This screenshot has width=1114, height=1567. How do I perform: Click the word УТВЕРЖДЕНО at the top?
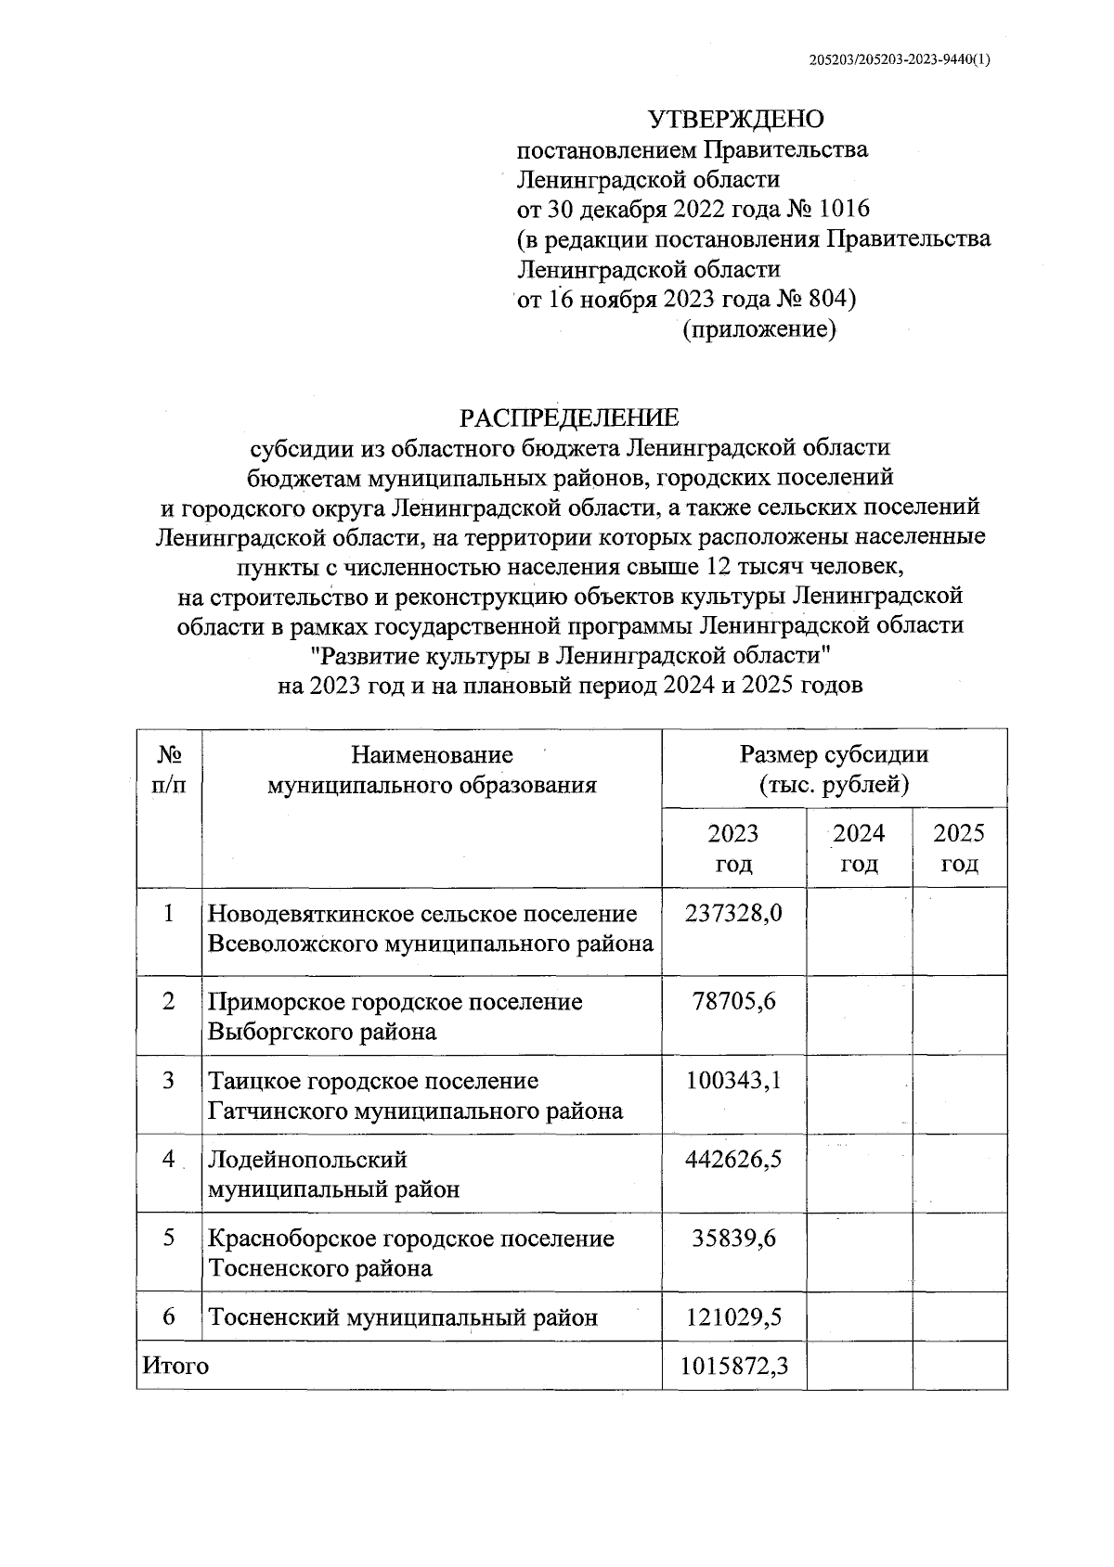(x=735, y=119)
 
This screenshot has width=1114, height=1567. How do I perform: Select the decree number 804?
(x=829, y=299)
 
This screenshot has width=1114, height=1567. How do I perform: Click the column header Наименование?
(x=432, y=754)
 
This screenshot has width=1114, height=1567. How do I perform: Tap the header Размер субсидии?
(x=834, y=754)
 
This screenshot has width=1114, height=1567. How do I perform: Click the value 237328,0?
(x=733, y=913)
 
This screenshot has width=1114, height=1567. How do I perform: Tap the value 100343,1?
(x=733, y=1080)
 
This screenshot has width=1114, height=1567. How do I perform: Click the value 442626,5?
(x=733, y=1159)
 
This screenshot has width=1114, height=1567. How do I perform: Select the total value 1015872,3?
(x=733, y=1366)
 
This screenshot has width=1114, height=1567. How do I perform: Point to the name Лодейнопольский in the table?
(x=307, y=1159)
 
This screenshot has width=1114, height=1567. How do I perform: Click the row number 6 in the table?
(x=168, y=1317)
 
